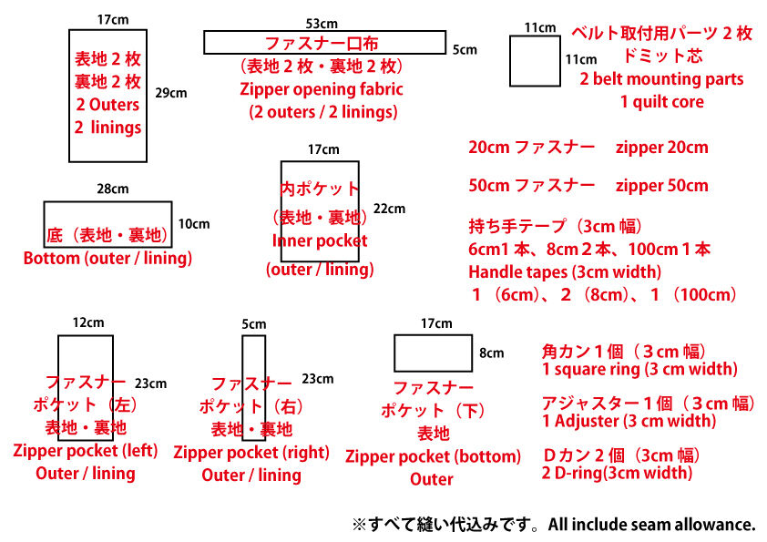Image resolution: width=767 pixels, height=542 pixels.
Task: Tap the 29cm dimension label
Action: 170,93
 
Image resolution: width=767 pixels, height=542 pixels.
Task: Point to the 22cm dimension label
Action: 389,209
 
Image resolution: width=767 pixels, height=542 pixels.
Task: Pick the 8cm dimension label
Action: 491,353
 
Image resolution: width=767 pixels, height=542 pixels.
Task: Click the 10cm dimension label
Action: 193,223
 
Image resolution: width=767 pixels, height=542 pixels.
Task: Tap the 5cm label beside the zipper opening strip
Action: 465,50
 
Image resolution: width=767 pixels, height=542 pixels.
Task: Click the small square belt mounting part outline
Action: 534,62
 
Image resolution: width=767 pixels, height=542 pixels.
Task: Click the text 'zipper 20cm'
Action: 661,147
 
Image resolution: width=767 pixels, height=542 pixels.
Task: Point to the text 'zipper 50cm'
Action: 661,186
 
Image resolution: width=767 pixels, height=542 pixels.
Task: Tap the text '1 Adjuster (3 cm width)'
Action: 629,421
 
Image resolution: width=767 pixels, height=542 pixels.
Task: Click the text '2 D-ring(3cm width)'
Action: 617,473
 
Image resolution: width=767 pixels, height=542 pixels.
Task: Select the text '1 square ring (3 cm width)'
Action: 639,370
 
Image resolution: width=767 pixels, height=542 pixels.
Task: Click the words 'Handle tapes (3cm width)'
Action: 565,271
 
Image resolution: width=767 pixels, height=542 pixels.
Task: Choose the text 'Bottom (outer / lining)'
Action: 107,259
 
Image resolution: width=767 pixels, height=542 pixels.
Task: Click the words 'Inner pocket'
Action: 320,241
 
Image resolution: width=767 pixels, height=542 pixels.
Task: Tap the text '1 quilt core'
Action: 662,102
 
